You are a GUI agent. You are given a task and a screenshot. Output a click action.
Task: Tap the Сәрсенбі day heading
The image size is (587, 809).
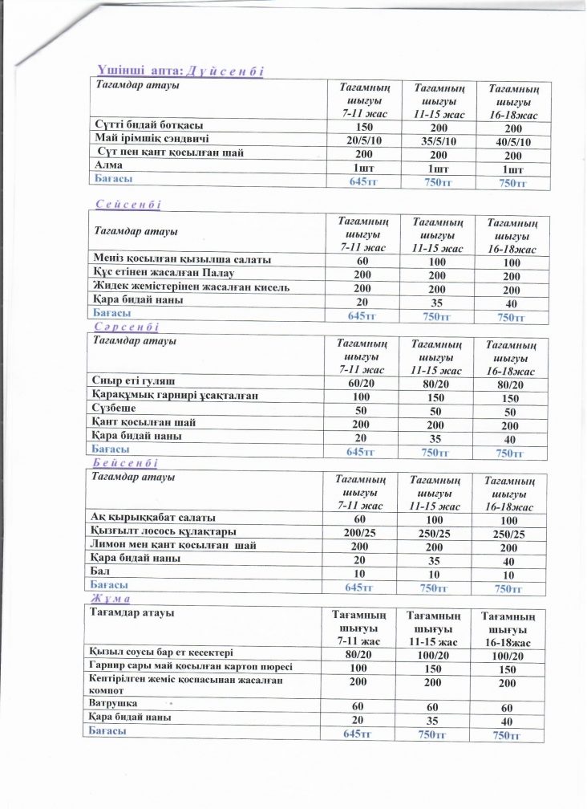point(128,328)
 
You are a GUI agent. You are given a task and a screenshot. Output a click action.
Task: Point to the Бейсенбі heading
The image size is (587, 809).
point(127,464)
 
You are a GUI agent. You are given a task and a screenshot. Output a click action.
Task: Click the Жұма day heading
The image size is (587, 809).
point(113,600)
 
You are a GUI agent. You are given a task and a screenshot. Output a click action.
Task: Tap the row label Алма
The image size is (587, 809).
point(109,165)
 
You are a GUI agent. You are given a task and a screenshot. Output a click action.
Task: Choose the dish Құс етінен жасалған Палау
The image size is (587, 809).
point(164,273)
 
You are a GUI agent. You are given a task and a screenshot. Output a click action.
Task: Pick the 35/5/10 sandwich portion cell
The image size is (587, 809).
point(438,141)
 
